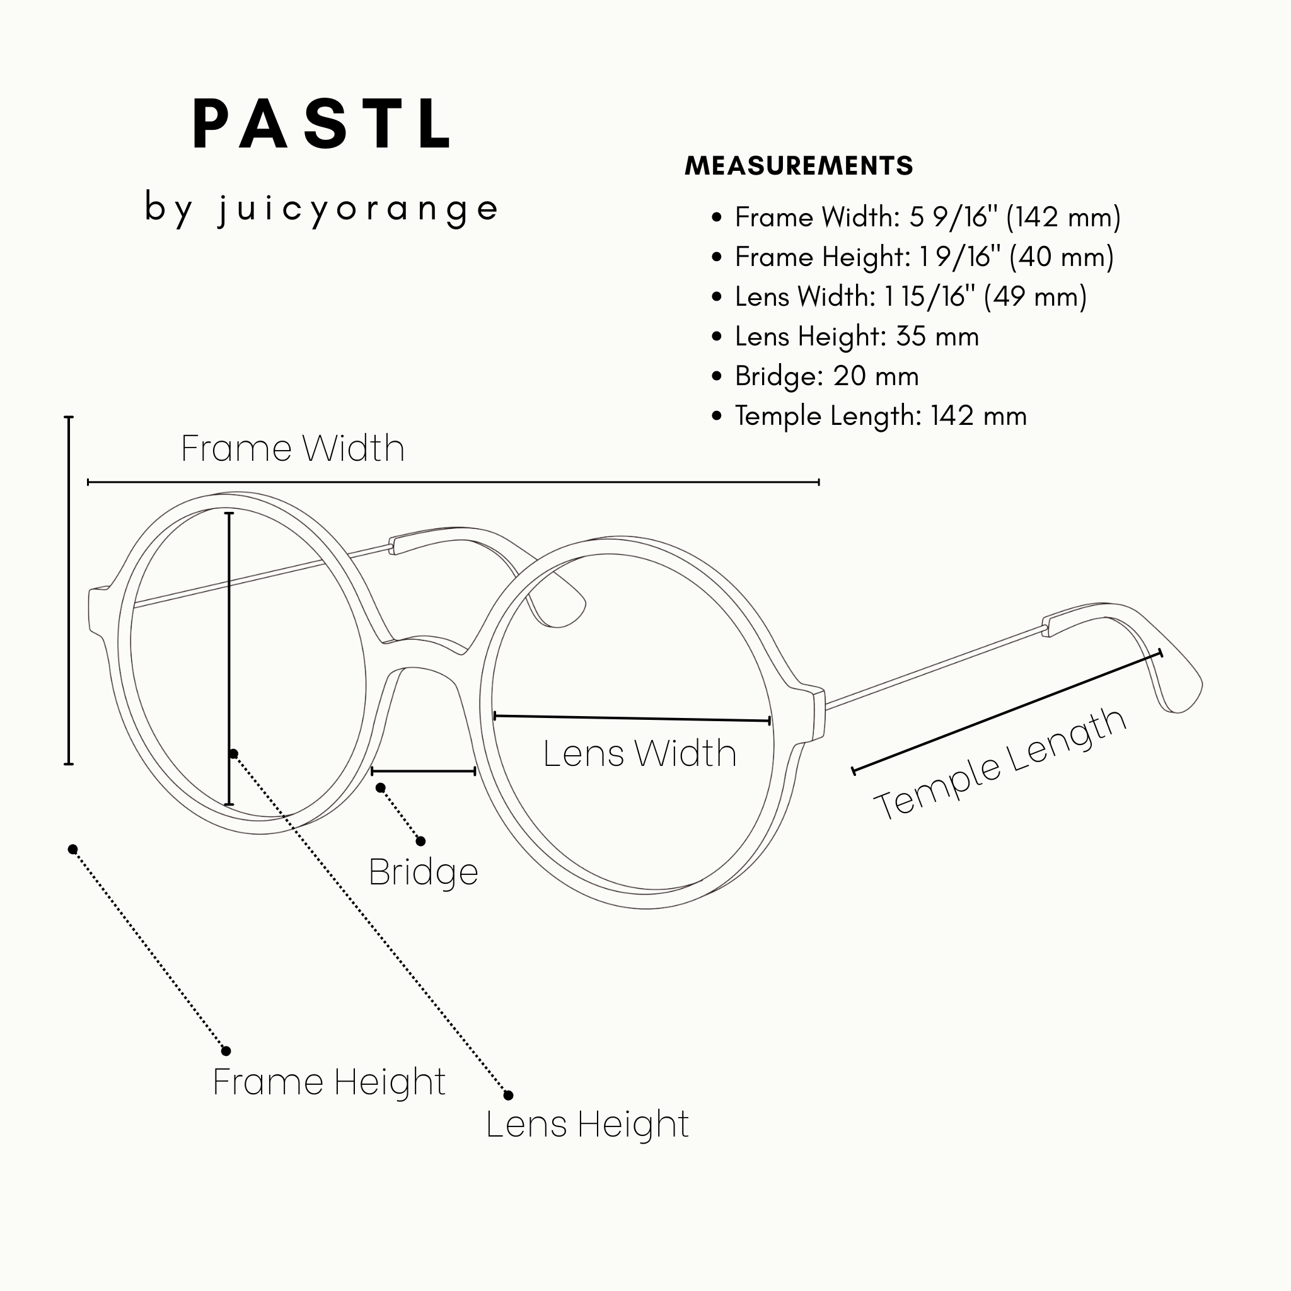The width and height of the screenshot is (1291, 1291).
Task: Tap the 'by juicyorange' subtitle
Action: tap(321, 209)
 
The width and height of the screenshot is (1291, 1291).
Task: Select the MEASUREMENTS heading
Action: tap(799, 166)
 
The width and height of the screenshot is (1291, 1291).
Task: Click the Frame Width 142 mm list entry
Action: tap(927, 217)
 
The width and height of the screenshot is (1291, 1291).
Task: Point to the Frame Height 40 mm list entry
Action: tap(924, 257)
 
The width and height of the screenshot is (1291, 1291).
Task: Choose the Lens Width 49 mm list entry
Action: tap(911, 297)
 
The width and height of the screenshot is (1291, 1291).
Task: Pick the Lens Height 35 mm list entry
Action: tap(857, 337)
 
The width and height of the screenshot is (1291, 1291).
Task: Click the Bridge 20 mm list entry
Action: tap(826, 376)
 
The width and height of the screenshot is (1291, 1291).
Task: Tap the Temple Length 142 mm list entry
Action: tap(881, 416)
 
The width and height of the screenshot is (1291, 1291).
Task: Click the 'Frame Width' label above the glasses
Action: tap(292, 448)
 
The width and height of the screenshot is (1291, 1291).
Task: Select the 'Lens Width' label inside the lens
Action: tap(639, 753)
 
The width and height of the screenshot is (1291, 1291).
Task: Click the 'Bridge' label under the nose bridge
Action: tap(424, 872)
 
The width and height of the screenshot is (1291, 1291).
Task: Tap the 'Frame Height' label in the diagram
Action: tap(329, 1082)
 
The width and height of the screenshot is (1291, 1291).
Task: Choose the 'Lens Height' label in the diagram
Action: tap(588, 1124)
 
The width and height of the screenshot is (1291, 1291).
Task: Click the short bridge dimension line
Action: tap(424, 771)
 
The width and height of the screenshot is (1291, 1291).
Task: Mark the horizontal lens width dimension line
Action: tap(632, 719)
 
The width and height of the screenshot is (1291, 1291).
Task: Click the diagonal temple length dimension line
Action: tap(1007, 712)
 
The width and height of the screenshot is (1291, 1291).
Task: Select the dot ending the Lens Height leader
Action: tap(509, 1095)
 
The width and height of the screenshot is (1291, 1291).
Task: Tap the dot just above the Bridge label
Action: tap(420, 842)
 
